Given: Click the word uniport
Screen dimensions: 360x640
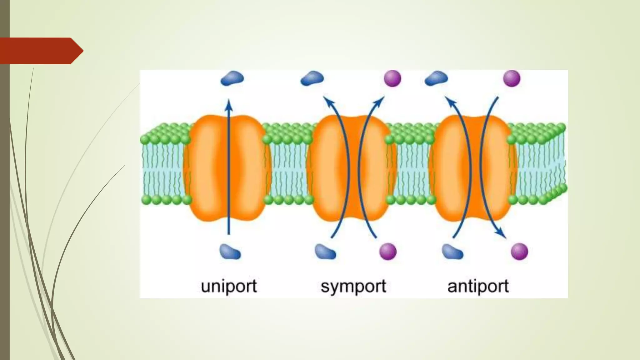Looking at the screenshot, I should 229,286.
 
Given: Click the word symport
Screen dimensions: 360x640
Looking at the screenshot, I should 353,286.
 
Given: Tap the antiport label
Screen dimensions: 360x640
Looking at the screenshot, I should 478,286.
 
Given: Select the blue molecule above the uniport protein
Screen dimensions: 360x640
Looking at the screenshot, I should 232,78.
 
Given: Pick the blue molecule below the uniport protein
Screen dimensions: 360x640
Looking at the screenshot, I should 230,252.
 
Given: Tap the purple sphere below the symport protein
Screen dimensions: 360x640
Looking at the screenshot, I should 388,252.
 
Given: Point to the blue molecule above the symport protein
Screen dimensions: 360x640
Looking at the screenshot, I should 312,78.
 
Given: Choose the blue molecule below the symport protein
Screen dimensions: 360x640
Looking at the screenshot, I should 325,252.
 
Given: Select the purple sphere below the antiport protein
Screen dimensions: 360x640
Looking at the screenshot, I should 519,252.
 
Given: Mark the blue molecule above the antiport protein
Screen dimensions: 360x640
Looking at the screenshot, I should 436,78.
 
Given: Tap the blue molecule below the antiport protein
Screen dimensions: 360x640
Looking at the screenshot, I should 452,252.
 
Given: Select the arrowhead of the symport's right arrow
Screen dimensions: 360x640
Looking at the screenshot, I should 380,101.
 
